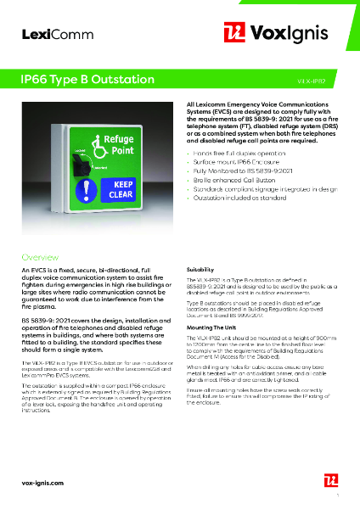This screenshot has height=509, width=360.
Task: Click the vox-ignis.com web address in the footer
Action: coord(44,482)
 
